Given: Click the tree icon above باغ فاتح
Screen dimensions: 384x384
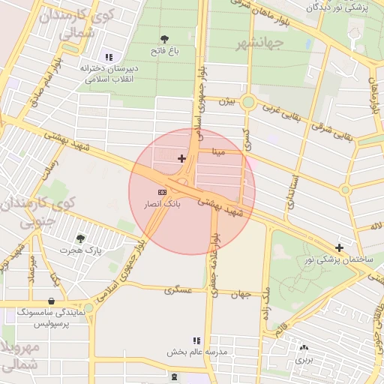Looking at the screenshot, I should pyautogui.click(x=164, y=38).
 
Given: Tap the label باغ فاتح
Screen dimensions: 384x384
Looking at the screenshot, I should pyautogui.click(x=163, y=52).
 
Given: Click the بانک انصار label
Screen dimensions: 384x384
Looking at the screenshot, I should pyautogui.click(x=163, y=205).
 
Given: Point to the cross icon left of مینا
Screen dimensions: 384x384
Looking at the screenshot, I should pyautogui.click(x=181, y=158).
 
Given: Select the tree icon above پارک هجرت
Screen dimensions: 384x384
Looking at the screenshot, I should pyautogui.click(x=80, y=238).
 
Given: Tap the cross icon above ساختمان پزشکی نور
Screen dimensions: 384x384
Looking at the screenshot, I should pyautogui.click(x=340, y=247).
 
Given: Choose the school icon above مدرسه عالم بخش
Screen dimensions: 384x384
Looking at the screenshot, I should pyautogui.click(x=197, y=340).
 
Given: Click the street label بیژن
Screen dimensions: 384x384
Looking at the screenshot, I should pyautogui.click(x=226, y=100).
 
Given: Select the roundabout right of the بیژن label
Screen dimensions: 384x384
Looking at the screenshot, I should pyautogui.click(x=248, y=103).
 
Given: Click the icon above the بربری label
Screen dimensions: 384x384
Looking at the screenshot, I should pyautogui.click(x=304, y=347).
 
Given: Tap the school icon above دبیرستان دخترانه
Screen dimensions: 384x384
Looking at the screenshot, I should pyautogui.click(x=109, y=56).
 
